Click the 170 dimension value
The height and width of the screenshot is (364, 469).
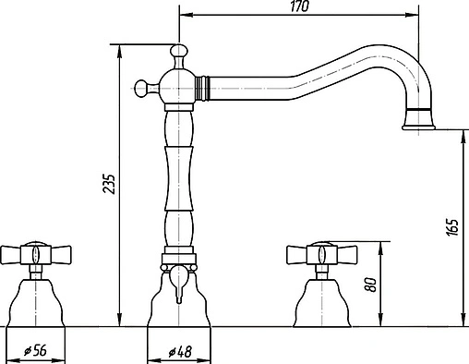298,7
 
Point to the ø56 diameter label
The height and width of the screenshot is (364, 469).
34,350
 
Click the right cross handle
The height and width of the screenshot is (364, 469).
319,252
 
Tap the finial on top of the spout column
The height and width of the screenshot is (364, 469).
175,52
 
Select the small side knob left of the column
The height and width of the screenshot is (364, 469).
141,88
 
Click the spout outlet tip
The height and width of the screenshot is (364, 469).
421,122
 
